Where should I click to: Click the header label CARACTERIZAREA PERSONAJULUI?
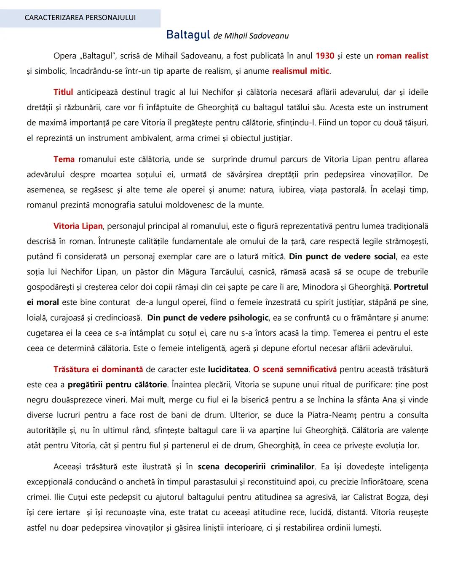80,18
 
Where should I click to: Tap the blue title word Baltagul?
188,35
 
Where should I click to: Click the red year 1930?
325,56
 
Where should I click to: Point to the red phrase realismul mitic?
300,71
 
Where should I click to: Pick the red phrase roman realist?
402,56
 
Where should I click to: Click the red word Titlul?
63,92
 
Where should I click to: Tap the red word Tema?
64,159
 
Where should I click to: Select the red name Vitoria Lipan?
78,226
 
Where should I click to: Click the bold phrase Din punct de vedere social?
342,257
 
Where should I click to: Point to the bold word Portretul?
411,287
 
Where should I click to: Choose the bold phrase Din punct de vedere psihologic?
208,318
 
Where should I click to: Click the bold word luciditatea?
228,370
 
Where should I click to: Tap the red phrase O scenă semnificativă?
295,370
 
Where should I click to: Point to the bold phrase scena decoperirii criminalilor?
256,467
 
